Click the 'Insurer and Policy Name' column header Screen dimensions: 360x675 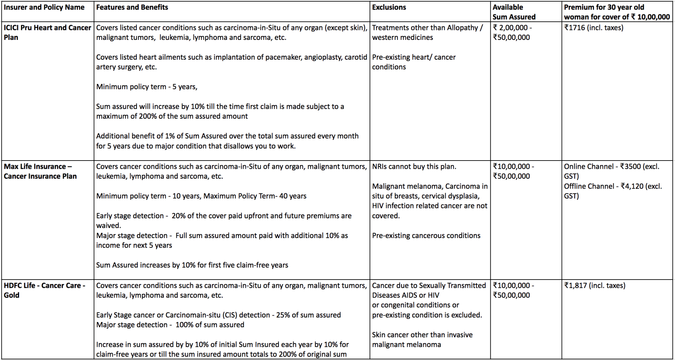44,7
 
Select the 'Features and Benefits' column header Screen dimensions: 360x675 132,7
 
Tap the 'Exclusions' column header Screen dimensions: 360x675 389,7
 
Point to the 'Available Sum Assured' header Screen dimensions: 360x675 514,12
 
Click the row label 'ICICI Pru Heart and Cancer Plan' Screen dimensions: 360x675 47,32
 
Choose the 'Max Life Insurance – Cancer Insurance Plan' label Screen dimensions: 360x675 40,171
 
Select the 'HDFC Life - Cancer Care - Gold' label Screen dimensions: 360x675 44,290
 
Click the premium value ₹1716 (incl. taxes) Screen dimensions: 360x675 594,28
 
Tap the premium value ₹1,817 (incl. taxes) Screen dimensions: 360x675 595,285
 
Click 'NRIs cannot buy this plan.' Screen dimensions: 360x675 414,166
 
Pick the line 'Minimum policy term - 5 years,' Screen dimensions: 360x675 147,87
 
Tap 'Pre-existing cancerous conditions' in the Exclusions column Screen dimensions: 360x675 426,235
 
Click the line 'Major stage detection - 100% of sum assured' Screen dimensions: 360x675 170,325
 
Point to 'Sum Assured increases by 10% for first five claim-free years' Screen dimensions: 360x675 192,265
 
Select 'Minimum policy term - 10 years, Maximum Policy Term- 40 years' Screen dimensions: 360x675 201,196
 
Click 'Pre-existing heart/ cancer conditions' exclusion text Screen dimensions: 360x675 414,62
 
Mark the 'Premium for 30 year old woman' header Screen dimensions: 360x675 616,12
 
